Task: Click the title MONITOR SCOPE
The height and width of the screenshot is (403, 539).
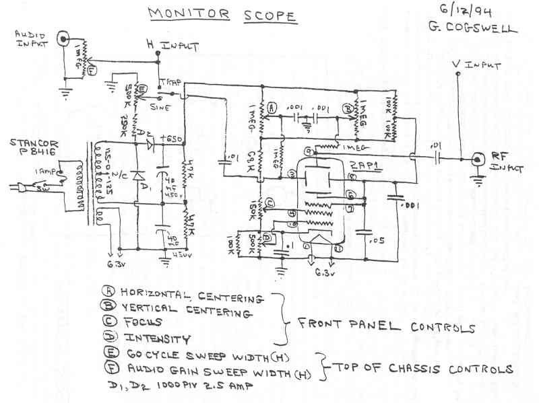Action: pos(221,14)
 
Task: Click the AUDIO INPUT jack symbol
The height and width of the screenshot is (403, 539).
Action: pos(64,38)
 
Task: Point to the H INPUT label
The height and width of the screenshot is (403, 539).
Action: pos(173,46)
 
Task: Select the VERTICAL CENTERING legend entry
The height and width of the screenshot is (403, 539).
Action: pos(186,312)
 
